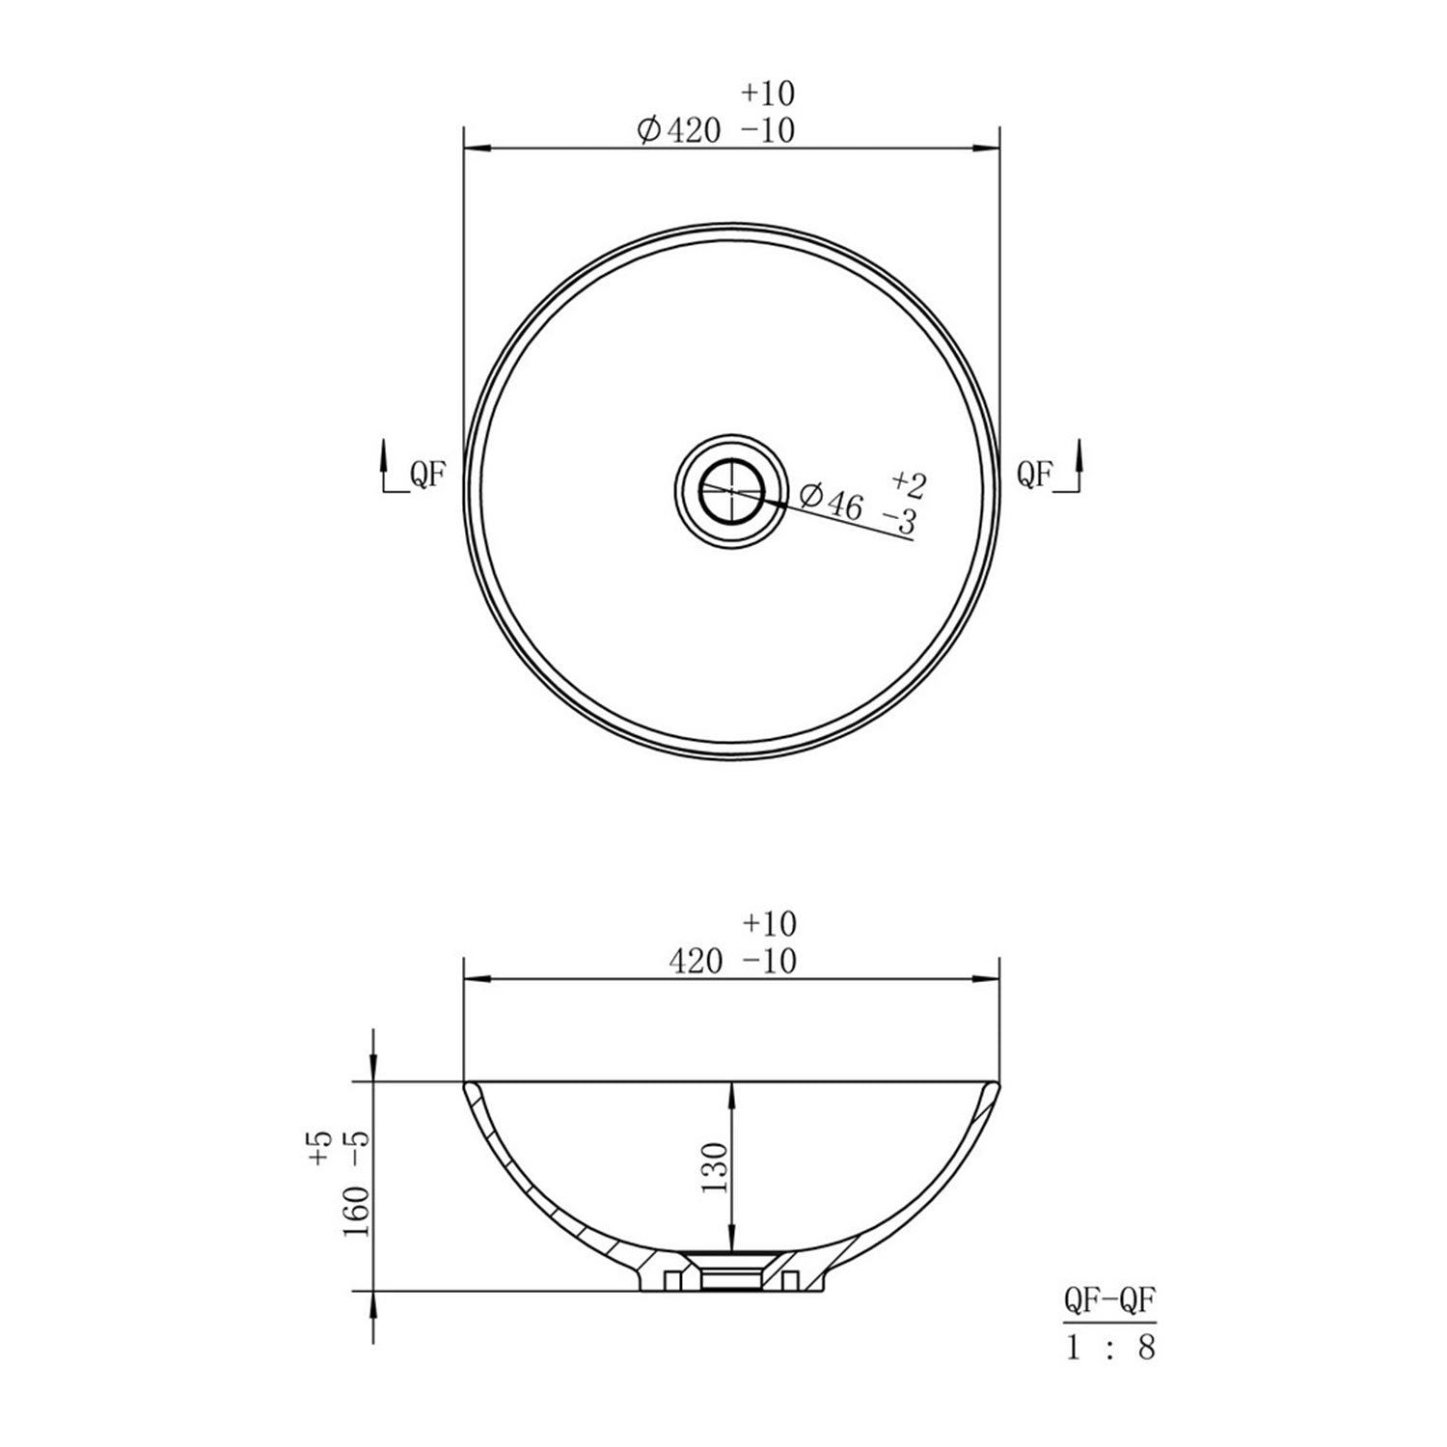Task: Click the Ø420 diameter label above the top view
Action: coord(679,129)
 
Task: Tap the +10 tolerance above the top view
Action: coord(768,94)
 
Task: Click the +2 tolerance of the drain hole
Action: coord(910,482)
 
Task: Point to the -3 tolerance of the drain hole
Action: coord(899,522)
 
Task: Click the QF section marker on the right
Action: coord(1034,474)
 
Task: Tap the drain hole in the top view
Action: coord(731,490)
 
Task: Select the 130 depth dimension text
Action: coord(715,1168)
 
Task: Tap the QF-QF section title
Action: coord(1109,1301)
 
